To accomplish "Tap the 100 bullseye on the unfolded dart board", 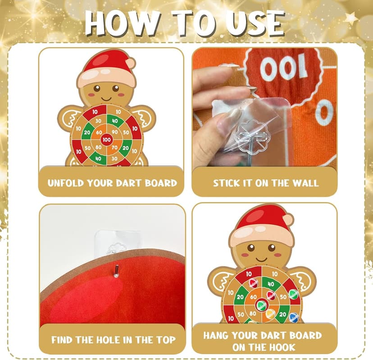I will pos(106,140).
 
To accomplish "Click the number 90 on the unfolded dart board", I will pos(114,132).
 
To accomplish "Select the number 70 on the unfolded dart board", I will pos(114,147).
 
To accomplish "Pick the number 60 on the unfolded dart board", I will pos(99,132).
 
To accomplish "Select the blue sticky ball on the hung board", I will pos(294,317).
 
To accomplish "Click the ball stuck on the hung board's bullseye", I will pos(260,305).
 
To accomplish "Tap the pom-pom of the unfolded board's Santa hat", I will pos(130,63).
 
